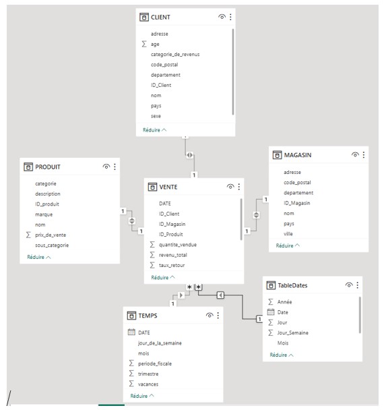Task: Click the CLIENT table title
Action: click(160, 18)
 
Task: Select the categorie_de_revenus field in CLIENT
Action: click(175, 55)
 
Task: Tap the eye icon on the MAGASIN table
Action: click(355, 154)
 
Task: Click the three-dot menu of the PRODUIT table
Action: click(115, 167)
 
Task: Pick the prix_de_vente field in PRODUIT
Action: click(51, 235)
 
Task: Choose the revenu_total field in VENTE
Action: click(173, 255)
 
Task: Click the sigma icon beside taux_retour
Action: click(152, 265)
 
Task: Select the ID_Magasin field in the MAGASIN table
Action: click(296, 203)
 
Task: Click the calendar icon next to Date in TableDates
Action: click(271, 312)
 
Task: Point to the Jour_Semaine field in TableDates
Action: click(292, 332)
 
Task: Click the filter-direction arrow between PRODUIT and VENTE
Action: click(132, 221)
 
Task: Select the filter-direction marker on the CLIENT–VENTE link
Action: click(190, 155)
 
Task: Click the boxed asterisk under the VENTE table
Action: click(199, 287)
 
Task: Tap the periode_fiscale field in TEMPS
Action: click(155, 363)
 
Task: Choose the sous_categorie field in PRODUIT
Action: click(52, 245)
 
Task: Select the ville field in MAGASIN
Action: click(288, 234)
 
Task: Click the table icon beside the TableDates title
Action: click(271, 285)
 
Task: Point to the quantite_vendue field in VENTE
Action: click(178, 245)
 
